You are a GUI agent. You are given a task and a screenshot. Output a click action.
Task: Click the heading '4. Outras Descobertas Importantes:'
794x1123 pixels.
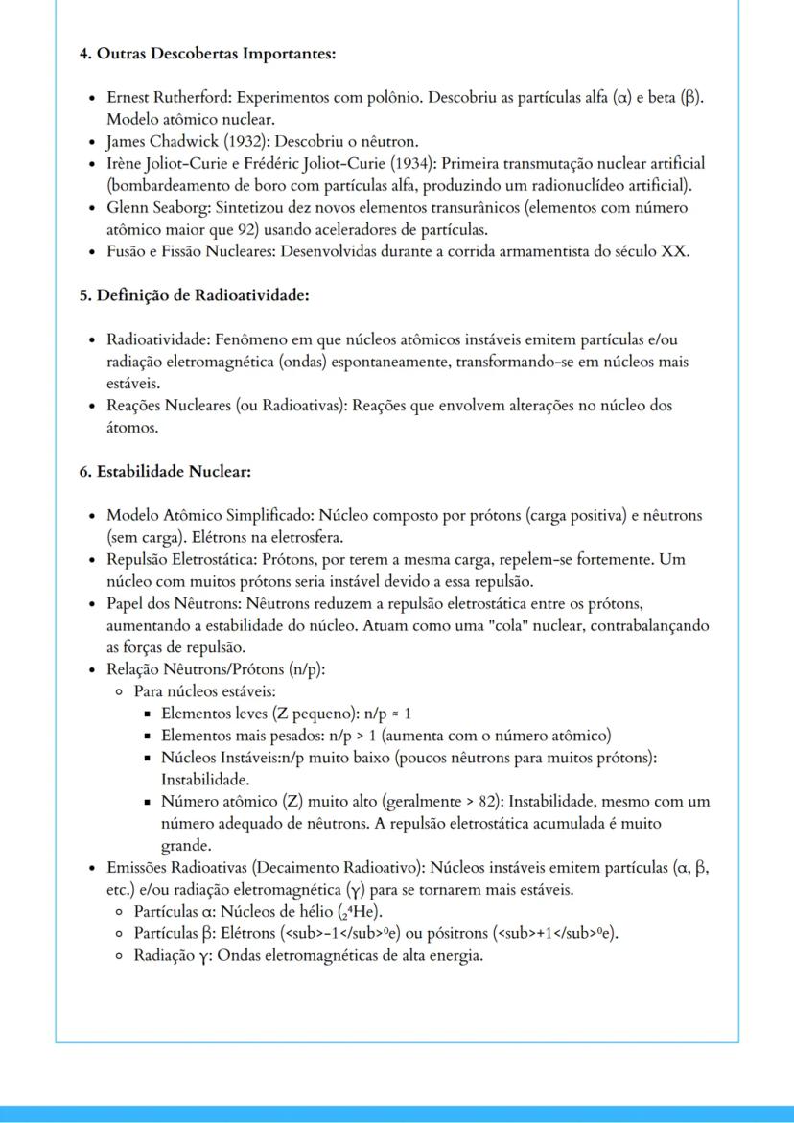pos(207,54)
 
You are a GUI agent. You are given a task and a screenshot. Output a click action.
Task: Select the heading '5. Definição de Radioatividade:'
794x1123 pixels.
pos(194,295)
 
